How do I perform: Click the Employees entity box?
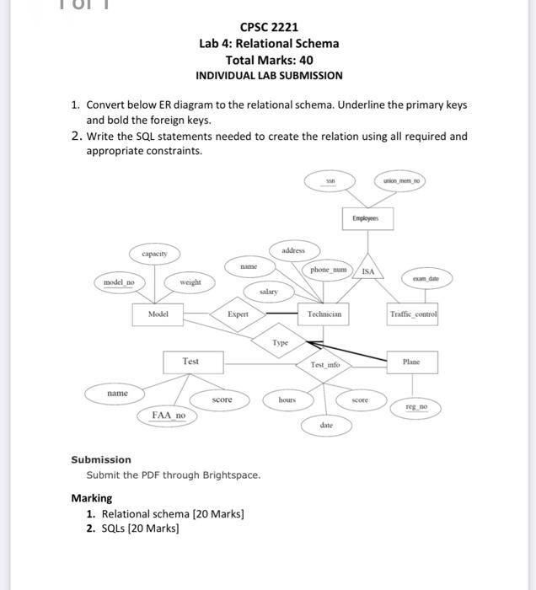click(366, 217)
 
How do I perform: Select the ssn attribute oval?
click(331, 180)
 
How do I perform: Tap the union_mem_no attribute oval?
click(400, 180)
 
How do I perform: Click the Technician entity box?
click(324, 314)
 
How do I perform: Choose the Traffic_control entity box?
click(413, 314)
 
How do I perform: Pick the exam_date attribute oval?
click(425, 276)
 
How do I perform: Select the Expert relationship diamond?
click(237, 314)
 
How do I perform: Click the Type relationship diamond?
click(281, 343)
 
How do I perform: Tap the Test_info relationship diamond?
click(324, 365)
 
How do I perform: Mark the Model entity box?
click(158, 314)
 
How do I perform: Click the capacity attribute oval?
click(154, 253)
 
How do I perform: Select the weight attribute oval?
click(190, 282)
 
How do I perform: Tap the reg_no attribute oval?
click(417, 407)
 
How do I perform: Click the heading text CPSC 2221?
click(269, 28)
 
